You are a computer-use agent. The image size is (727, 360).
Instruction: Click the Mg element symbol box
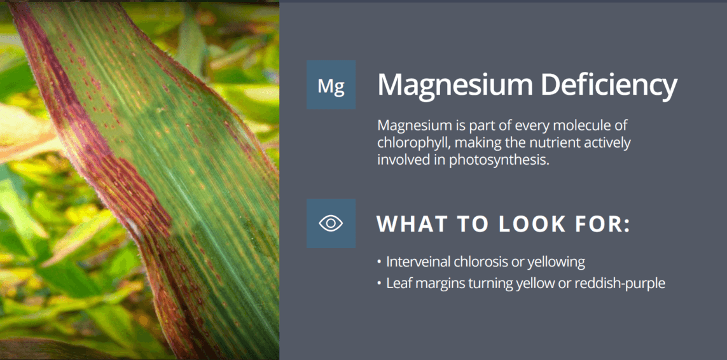331,85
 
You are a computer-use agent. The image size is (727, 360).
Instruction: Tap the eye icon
331,223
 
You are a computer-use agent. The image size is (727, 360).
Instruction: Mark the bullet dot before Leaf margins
380,284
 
